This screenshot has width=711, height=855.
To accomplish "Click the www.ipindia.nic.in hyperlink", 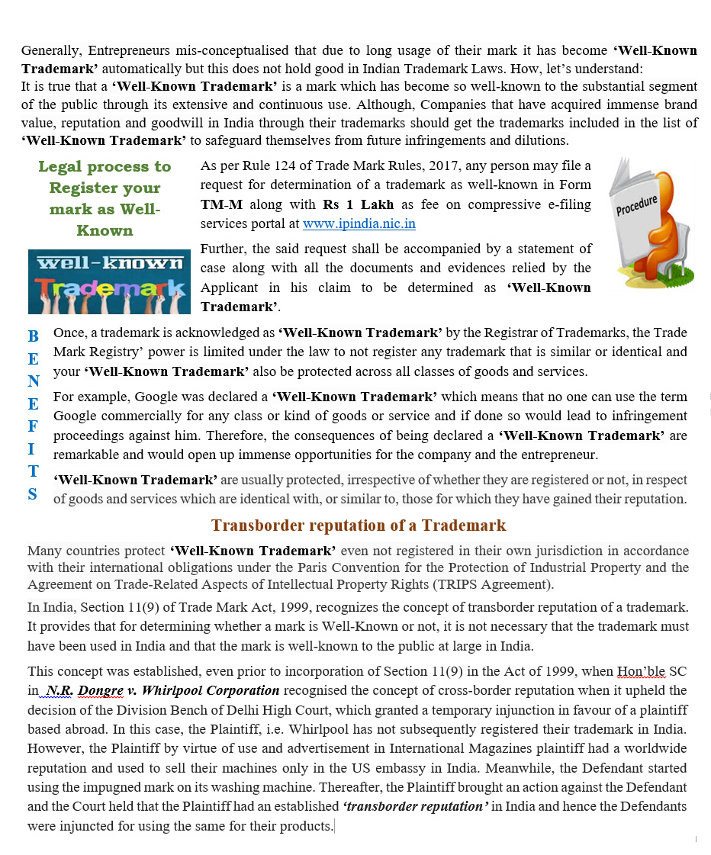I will (359, 223).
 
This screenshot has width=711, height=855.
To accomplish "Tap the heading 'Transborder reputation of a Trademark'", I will (359, 526).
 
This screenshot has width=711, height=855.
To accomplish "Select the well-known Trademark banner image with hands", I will (109, 281).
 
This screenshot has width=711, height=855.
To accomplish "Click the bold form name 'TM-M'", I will (217, 204).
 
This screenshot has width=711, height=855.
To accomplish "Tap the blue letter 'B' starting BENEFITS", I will (33, 336).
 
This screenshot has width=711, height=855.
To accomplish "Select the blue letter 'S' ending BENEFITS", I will (32, 494).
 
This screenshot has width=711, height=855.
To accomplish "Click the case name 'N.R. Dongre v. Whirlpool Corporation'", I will (162, 690).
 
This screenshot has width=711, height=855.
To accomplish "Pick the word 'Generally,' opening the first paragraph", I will (51, 50).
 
